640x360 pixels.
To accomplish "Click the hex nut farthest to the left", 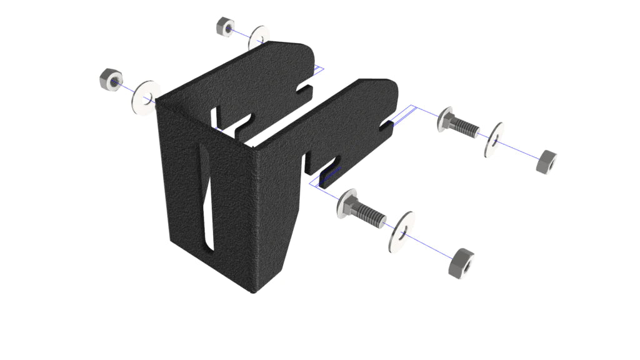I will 110,80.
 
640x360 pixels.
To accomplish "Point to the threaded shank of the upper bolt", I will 466,127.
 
